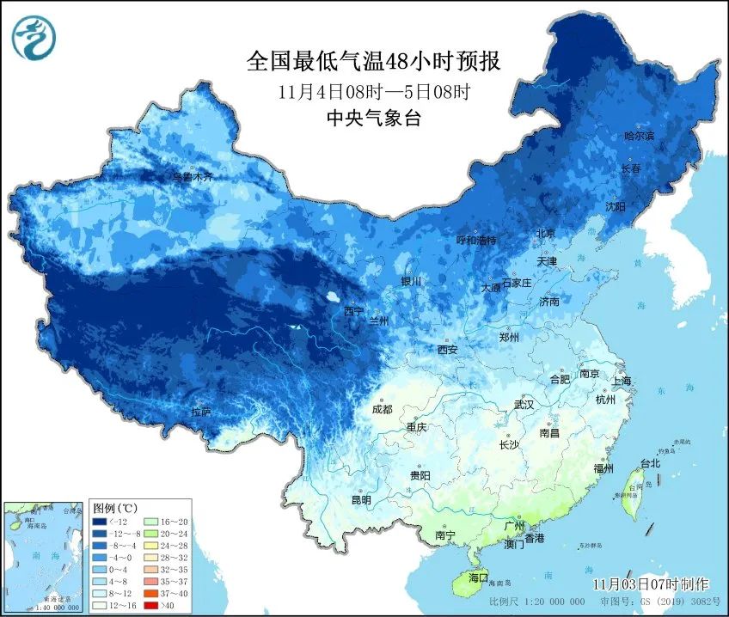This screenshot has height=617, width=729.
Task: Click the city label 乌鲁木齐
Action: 193,177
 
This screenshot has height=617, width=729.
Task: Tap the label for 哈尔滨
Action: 639,136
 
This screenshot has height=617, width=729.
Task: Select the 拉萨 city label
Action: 201,412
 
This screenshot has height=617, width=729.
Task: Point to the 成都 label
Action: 382,409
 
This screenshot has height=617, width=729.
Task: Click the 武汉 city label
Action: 523,404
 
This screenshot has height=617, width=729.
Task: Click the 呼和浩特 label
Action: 475,241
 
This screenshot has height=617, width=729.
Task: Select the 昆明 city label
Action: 361,499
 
